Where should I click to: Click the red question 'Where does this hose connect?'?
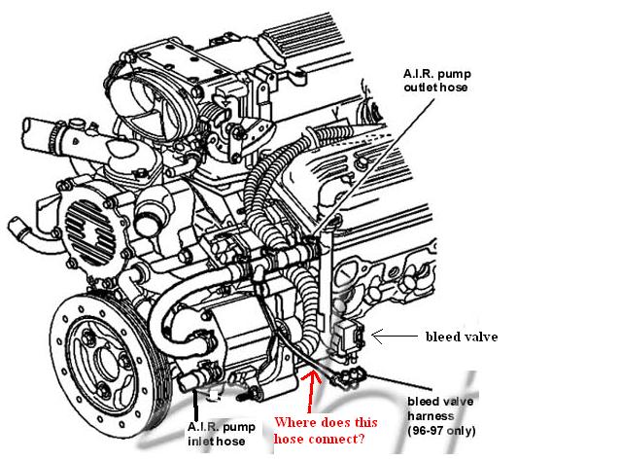coord(320,431)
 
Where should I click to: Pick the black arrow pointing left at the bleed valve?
coord(394,337)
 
